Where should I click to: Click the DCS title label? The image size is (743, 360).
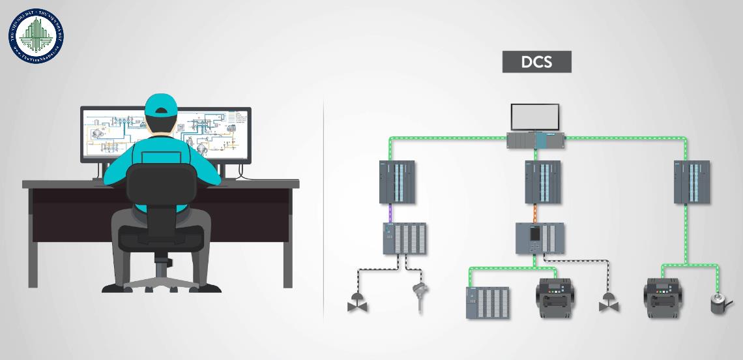[x=536, y=62]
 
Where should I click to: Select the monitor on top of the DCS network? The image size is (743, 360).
[x=534, y=117]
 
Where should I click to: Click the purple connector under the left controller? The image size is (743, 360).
[x=390, y=212]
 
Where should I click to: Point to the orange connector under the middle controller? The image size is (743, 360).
[x=534, y=212]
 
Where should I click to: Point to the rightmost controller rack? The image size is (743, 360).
[x=691, y=183]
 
